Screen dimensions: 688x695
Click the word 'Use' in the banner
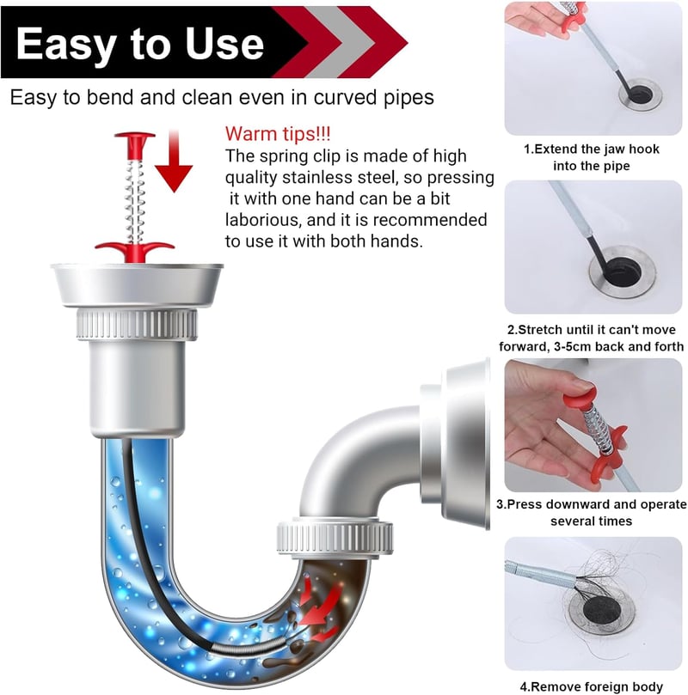(224, 44)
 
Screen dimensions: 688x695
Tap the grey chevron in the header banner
(341, 42)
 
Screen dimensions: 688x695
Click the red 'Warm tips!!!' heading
(278, 133)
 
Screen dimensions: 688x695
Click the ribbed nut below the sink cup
(137, 325)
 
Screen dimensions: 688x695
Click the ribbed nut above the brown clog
(335, 538)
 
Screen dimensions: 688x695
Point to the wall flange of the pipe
(466, 443)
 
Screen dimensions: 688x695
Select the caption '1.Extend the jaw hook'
(592, 149)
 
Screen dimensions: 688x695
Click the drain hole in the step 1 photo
(641, 94)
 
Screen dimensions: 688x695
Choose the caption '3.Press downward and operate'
(592, 504)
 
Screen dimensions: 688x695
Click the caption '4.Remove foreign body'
(592, 686)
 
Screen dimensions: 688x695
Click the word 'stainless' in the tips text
(319, 177)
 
